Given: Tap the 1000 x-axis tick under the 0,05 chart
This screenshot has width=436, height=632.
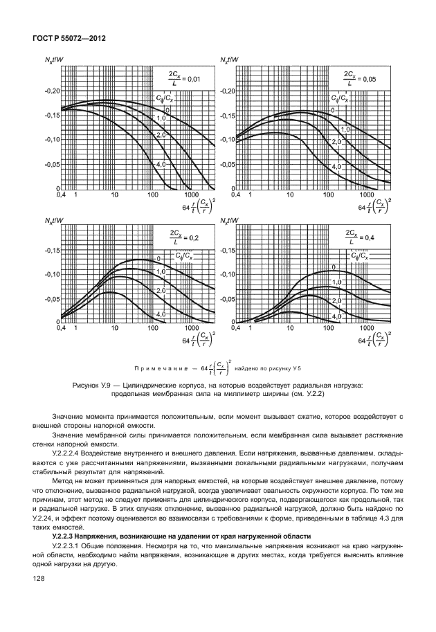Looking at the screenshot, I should click(x=367, y=195).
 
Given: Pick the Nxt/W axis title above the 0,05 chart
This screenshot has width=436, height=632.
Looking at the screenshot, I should click(x=229, y=60).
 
